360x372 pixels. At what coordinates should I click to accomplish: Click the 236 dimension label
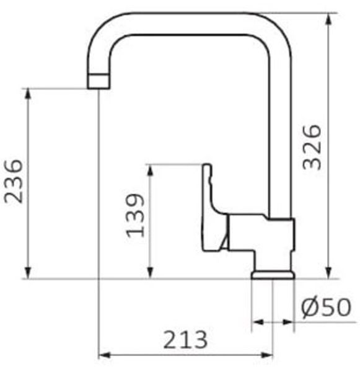point(14,182)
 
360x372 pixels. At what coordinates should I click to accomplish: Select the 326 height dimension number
point(312,147)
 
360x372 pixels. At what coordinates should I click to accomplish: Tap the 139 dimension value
point(134,215)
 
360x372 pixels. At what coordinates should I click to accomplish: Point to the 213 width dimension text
point(185,340)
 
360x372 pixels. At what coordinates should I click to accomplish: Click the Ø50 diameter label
point(326,308)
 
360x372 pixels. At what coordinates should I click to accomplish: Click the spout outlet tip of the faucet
point(99,81)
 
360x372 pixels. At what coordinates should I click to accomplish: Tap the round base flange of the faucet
point(273,275)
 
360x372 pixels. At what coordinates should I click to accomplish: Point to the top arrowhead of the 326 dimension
point(328,19)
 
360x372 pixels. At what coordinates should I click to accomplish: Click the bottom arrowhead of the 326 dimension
point(328,273)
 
